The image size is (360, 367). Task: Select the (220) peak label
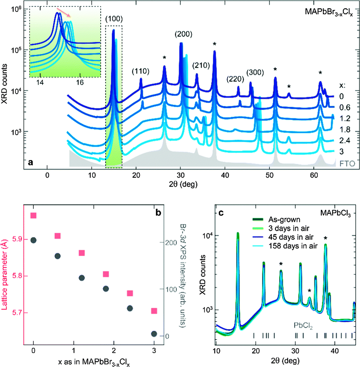pyautogui.click(x=233, y=79)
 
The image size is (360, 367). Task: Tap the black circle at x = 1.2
pyautogui.click(x=82, y=278)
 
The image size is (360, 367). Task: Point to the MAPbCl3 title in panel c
pyautogui.click(x=340, y=211)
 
